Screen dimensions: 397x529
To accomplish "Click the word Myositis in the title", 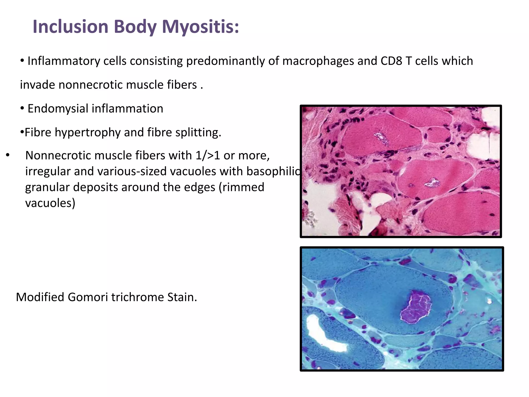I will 200,27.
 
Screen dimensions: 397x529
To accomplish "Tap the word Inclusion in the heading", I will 71,27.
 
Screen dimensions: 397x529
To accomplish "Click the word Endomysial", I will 58,109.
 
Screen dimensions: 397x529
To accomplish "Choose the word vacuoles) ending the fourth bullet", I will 50,203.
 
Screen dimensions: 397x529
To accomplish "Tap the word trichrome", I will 138,297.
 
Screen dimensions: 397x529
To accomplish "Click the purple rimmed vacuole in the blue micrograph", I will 415,307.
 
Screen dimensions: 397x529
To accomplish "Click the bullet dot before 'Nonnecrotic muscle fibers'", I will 8,155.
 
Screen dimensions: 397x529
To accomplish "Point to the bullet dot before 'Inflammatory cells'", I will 22,61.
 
